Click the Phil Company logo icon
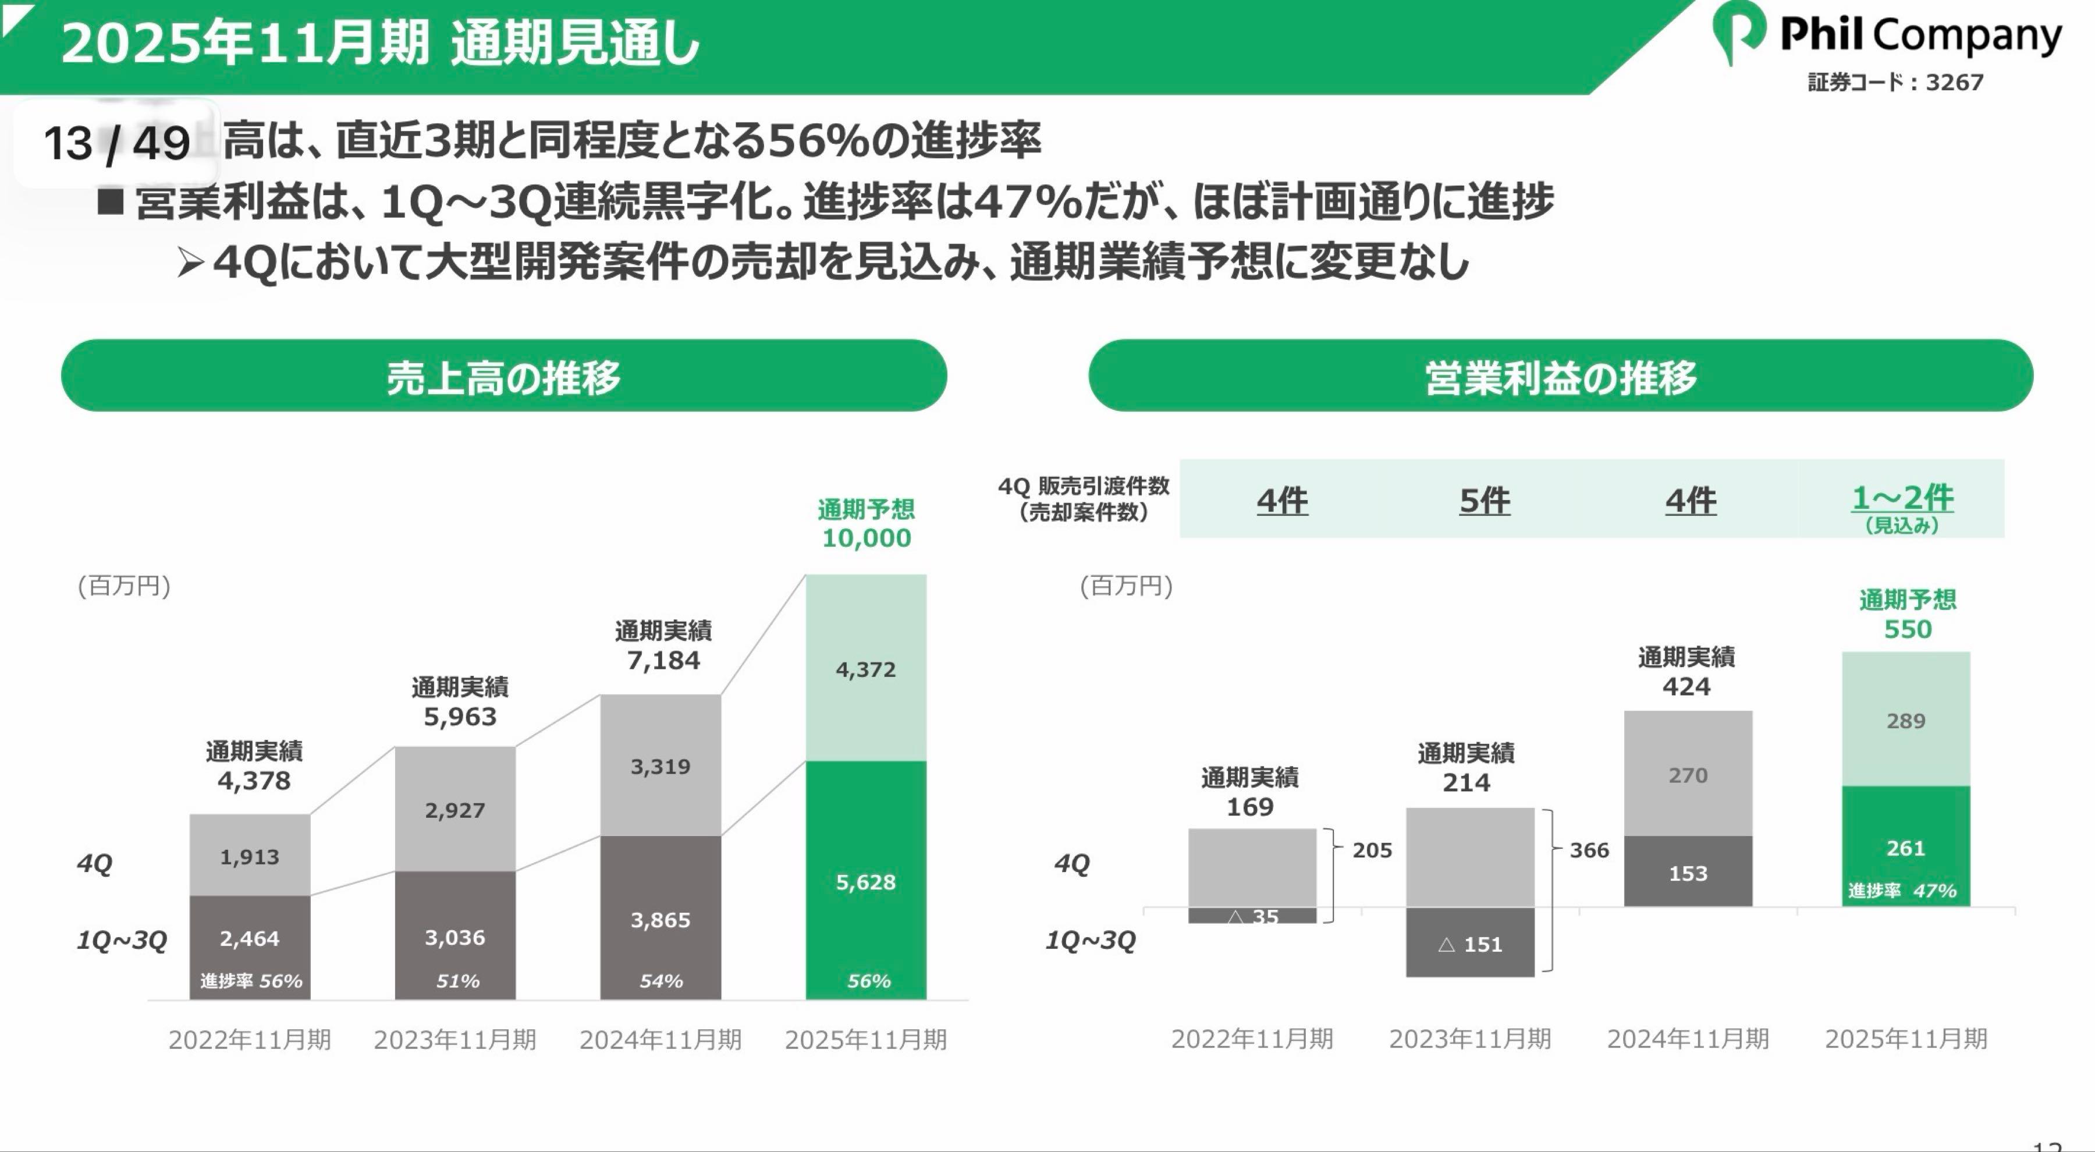point(1738,33)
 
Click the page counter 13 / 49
point(116,144)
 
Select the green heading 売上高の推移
point(503,377)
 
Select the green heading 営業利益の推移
point(1560,377)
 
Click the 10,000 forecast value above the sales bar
point(866,538)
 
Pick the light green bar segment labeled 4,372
point(865,669)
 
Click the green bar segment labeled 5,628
point(865,882)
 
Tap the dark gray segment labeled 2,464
point(250,938)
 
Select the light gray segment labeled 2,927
point(454,810)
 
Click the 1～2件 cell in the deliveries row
point(1901,498)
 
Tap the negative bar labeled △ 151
point(1469,944)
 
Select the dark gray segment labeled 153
point(1688,873)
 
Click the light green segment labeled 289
point(1905,721)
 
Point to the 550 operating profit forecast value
point(1907,629)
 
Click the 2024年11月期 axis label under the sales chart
point(661,1039)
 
